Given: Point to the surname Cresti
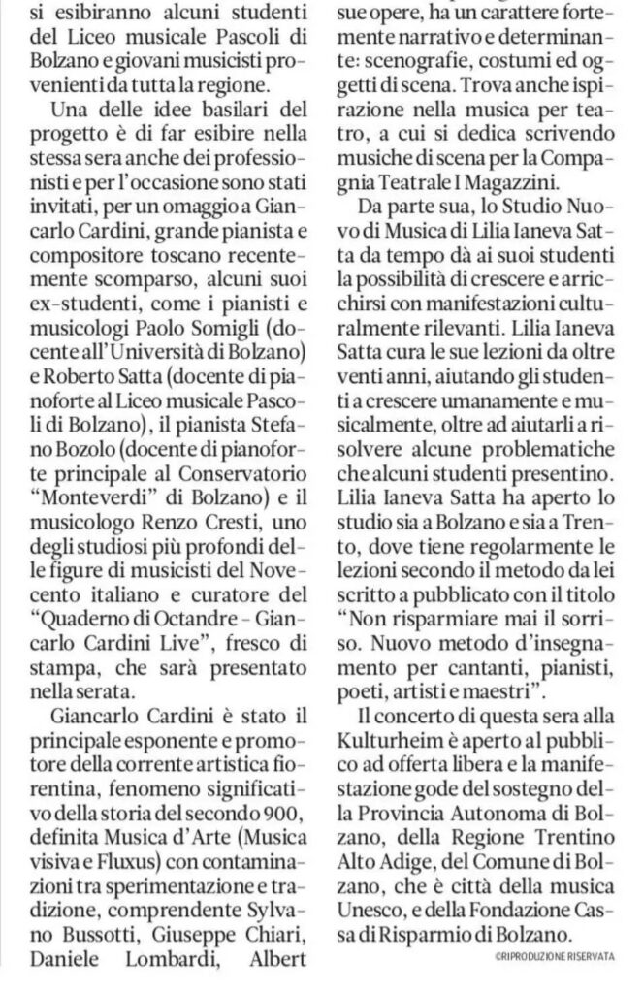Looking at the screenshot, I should [245, 524].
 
